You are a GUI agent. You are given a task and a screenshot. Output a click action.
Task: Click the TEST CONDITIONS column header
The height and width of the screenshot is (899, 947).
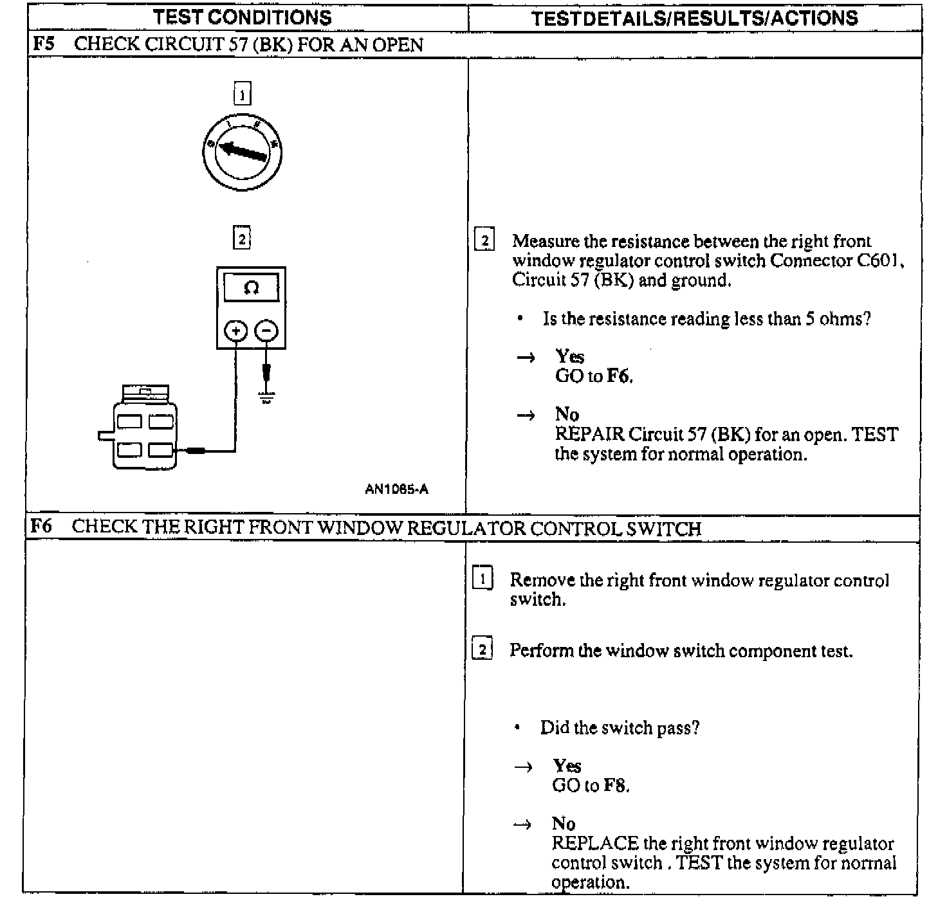coord(243,17)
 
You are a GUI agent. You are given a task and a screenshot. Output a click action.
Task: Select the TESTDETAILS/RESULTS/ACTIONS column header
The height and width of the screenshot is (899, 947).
coord(695,18)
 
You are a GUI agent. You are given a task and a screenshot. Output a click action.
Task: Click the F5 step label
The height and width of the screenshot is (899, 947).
coord(44,44)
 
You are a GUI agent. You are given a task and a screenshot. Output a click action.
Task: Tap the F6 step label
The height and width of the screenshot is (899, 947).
coord(42,527)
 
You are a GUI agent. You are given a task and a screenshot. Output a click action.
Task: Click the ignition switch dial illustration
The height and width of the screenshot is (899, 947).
coord(242,152)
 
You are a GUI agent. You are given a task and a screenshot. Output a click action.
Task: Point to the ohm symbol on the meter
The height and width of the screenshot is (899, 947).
coord(251,287)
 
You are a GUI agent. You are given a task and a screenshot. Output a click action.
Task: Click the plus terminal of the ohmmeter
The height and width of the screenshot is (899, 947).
coord(235,331)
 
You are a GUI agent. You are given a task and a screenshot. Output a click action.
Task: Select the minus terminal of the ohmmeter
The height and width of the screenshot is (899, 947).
coord(266,331)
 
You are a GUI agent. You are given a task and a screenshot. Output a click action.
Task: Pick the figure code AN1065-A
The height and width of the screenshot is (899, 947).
coord(396,489)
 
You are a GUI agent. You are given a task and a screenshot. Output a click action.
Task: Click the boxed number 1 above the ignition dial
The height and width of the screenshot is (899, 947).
coord(242,95)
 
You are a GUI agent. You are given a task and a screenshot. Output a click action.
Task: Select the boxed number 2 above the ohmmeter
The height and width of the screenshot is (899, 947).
coord(241,239)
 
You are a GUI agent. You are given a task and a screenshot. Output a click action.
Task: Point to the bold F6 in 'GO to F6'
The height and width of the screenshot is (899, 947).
coord(619,376)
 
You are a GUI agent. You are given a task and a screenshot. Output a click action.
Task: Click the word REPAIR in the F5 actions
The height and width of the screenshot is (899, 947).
coord(589,434)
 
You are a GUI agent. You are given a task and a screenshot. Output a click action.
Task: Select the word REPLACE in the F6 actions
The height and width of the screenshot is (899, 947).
coord(595,843)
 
